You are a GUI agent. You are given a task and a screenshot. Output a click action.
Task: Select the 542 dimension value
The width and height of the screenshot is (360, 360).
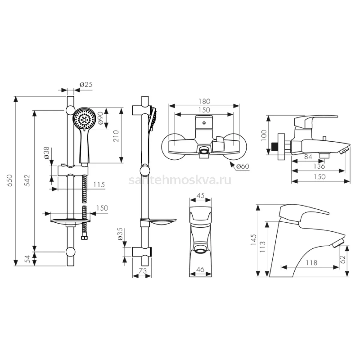tap(28, 180)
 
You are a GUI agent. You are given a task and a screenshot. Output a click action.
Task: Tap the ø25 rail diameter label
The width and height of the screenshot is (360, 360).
tap(86, 85)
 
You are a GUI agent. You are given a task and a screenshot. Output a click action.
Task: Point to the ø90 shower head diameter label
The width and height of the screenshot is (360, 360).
tap(100, 118)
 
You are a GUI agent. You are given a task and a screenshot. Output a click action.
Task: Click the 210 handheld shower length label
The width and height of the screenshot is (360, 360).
tap(116, 136)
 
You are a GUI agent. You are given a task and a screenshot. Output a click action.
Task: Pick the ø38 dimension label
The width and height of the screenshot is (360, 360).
tap(47, 153)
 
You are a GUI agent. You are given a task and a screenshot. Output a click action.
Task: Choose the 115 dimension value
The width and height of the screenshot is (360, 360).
tap(99, 185)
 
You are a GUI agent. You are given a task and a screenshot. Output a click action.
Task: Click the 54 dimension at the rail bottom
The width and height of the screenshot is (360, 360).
tap(28, 259)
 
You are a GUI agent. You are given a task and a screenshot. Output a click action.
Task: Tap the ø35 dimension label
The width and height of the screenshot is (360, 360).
tap(120, 234)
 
